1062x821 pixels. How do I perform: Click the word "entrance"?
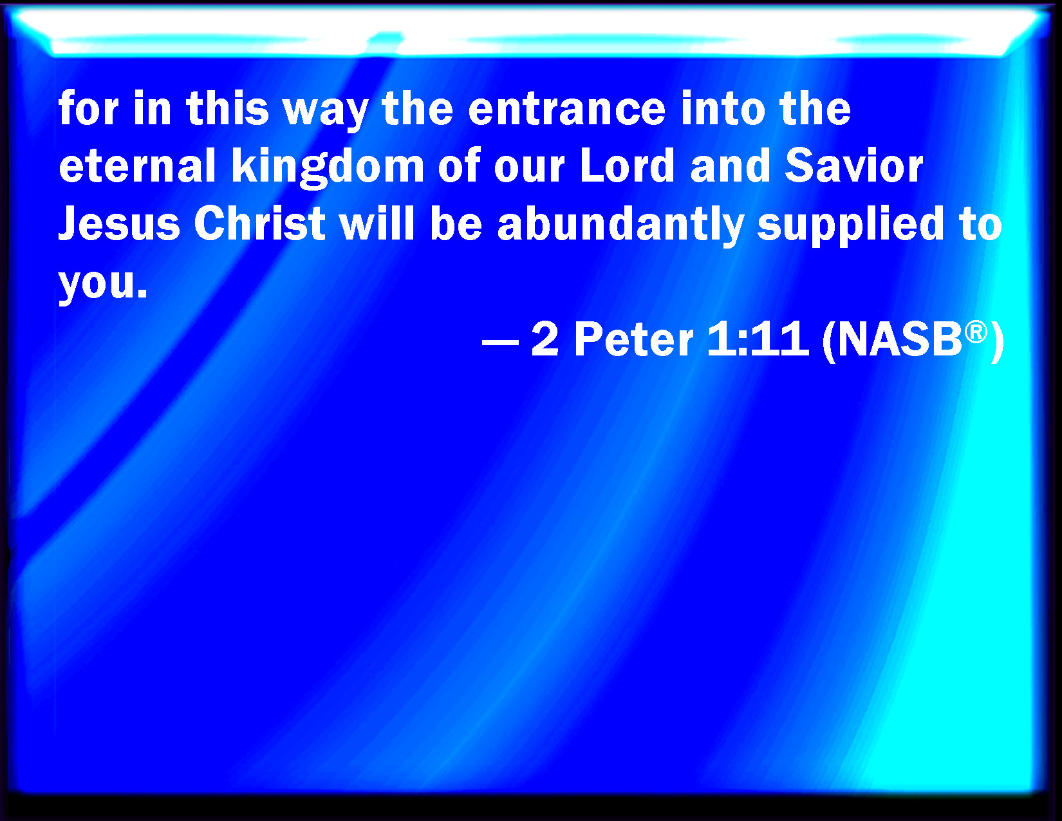tap(567, 109)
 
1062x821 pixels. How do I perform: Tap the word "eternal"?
tap(137, 165)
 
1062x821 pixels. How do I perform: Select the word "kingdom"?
tap(328, 167)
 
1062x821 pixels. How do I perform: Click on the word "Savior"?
tap(854, 165)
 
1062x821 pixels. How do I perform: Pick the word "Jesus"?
tap(119, 223)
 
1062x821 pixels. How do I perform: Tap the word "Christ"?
tap(259, 223)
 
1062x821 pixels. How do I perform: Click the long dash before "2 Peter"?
tap(500, 342)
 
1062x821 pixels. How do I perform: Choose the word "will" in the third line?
tap(377, 223)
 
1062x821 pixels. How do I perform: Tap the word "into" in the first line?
tap(723, 108)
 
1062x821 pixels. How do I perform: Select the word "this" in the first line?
tap(228, 108)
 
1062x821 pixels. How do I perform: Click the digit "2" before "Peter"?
tap(545, 339)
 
